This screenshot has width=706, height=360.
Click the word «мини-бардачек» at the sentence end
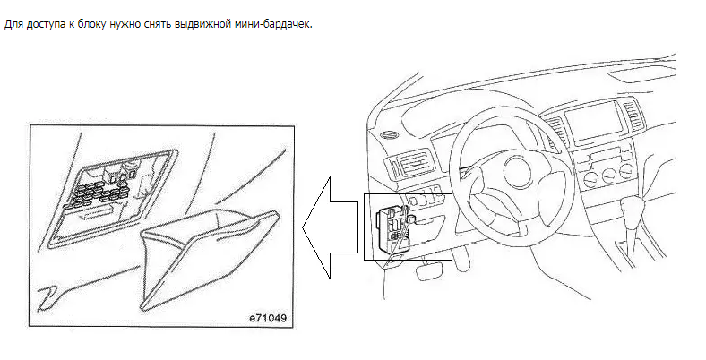pyautogui.click(x=273, y=24)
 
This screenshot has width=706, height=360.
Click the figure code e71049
pyautogui.click(x=268, y=319)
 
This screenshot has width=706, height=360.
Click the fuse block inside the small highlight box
pyautogui.click(x=392, y=228)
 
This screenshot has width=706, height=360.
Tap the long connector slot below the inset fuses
pyautogui.click(x=96, y=213)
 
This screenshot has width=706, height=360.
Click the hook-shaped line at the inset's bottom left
pyautogui.click(x=47, y=298)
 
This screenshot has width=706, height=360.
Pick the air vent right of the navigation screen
pyautogui.click(x=633, y=116)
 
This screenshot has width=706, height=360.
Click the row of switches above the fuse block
pyautogui.click(x=423, y=196)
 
